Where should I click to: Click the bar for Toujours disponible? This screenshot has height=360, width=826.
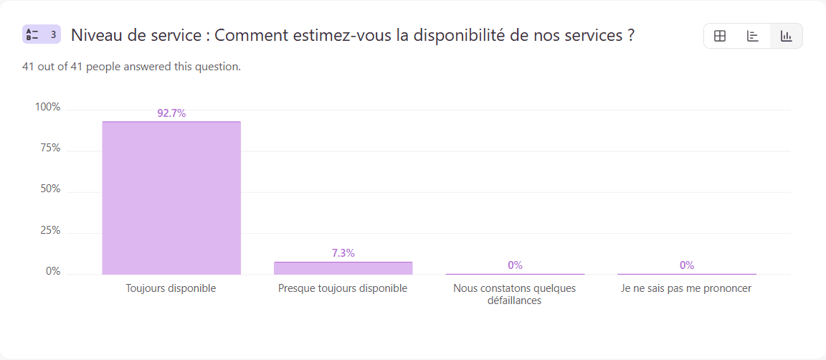tap(171, 198)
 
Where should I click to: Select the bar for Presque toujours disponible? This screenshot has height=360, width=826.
tap(343, 268)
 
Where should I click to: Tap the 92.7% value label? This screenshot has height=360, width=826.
tap(171, 113)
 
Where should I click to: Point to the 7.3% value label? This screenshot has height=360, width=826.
tap(343, 253)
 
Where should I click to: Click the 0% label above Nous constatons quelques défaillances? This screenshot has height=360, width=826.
tap(515, 265)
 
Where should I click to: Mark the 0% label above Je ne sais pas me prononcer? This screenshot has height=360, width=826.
tap(686, 265)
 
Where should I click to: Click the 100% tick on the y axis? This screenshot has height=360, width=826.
tap(48, 108)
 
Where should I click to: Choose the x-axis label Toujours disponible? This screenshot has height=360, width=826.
tap(171, 288)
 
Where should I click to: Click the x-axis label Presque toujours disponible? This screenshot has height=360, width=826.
tap(343, 288)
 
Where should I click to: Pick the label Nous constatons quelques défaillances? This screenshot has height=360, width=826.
tap(514, 294)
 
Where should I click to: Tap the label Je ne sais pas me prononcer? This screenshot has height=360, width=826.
tap(686, 288)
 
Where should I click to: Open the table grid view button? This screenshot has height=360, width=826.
tap(720, 36)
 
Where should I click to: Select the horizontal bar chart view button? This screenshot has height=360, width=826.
tap(753, 36)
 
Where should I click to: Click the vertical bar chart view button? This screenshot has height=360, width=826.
tap(786, 36)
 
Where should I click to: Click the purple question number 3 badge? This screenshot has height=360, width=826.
tap(42, 34)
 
